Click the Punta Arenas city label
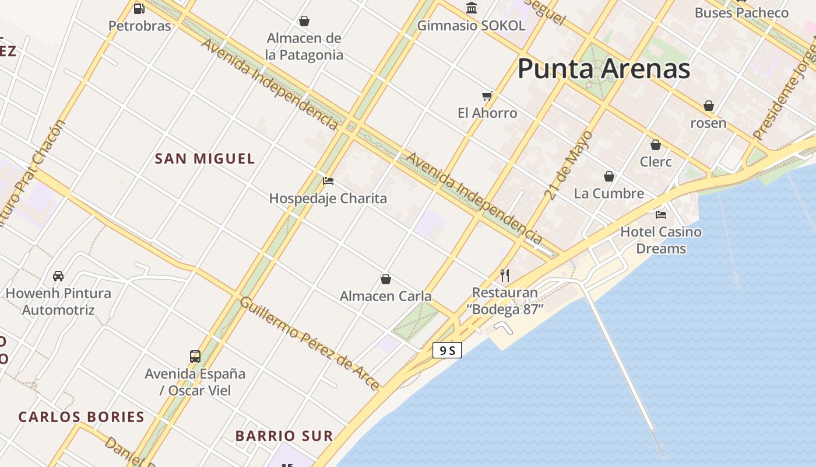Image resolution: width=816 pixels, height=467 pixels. click(x=603, y=69)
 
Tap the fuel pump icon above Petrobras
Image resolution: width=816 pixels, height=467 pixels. click(x=139, y=9)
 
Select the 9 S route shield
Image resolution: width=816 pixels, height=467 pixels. click(x=447, y=350)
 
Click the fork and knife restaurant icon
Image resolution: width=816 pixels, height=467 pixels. click(x=505, y=276)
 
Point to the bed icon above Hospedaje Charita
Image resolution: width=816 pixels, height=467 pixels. click(x=328, y=181)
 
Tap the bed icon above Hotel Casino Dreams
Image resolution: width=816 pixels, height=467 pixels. click(x=660, y=214)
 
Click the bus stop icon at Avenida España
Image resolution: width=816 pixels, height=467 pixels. click(x=195, y=356)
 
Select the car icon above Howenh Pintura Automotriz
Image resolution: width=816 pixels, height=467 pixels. click(x=58, y=276)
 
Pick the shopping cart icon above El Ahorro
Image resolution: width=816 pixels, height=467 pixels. click(x=487, y=96)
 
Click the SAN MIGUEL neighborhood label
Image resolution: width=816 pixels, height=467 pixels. click(x=205, y=158)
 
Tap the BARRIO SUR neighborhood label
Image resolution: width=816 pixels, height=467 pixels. click(x=284, y=435)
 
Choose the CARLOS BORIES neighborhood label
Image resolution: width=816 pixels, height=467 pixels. click(x=81, y=417)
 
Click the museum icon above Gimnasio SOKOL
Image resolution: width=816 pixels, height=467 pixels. click(x=472, y=8)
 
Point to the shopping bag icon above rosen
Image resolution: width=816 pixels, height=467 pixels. click(x=708, y=106)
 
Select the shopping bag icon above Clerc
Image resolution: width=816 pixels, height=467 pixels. click(x=656, y=144)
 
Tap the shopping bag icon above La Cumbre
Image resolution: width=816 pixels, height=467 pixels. click(x=609, y=176)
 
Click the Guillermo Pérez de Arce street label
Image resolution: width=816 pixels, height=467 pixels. click(x=309, y=343)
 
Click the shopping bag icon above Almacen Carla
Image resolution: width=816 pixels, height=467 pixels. click(x=385, y=279)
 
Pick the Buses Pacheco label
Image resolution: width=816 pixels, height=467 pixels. click(x=741, y=12)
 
